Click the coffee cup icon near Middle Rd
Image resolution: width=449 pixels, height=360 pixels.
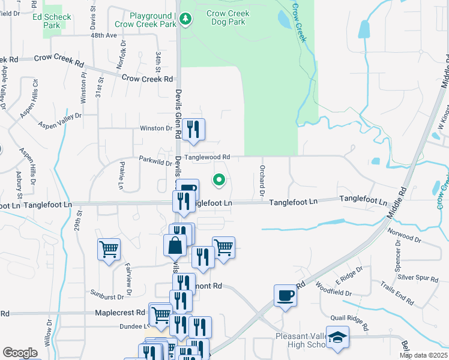pyautogui.click(x=285, y=296)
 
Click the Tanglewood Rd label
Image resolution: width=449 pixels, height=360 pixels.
pyautogui.click(x=207, y=157)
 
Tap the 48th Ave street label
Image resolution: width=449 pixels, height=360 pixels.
pyautogui.click(x=104, y=35)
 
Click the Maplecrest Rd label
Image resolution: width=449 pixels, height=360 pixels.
pyautogui.click(x=120, y=313)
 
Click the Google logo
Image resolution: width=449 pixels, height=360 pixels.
pyautogui.click(x=20, y=353)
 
